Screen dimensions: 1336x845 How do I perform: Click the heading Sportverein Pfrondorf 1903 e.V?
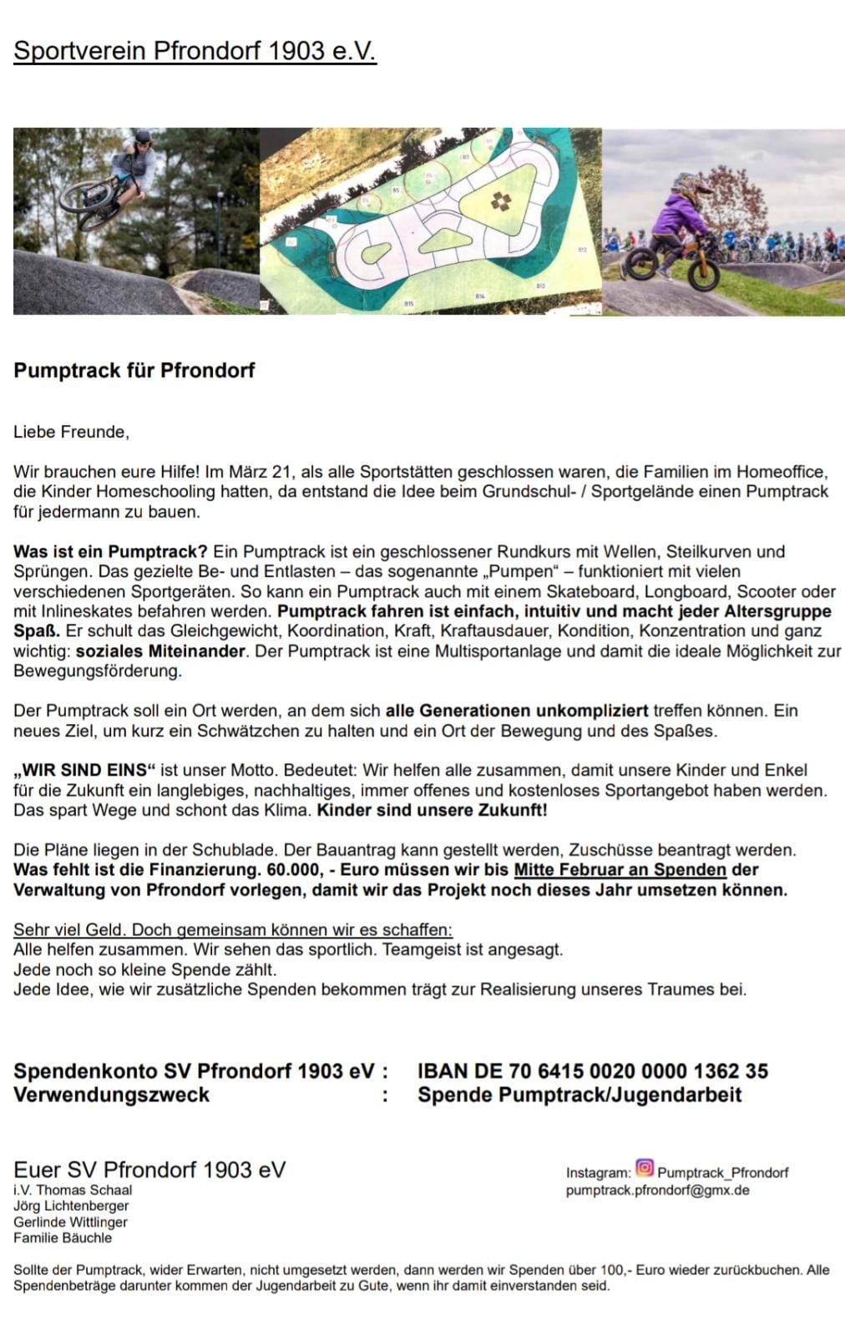click(195, 51)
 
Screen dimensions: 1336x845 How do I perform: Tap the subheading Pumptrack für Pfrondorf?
click(134, 370)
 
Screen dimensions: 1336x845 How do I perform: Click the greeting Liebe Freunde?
click(71, 432)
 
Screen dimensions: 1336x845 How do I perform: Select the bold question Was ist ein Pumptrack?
click(110, 551)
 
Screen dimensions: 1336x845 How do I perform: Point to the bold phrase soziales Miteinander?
click(160, 650)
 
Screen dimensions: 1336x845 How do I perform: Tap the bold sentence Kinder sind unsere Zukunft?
click(433, 810)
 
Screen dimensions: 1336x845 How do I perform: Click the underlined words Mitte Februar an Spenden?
click(620, 870)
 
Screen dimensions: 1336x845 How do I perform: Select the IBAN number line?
click(593, 1070)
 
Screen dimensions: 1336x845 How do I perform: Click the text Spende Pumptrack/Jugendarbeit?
click(579, 1095)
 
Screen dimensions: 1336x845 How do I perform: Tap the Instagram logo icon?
click(645, 1167)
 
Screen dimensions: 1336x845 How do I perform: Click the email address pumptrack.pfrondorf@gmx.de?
click(657, 1190)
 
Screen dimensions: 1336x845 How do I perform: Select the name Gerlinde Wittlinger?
click(70, 1222)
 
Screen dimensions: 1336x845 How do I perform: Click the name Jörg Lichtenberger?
click(71, 1206)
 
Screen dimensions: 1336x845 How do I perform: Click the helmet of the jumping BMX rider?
click(143, 137)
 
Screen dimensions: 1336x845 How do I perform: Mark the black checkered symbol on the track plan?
click(499, 201)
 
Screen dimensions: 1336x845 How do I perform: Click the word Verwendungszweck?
click(111, 1095)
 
